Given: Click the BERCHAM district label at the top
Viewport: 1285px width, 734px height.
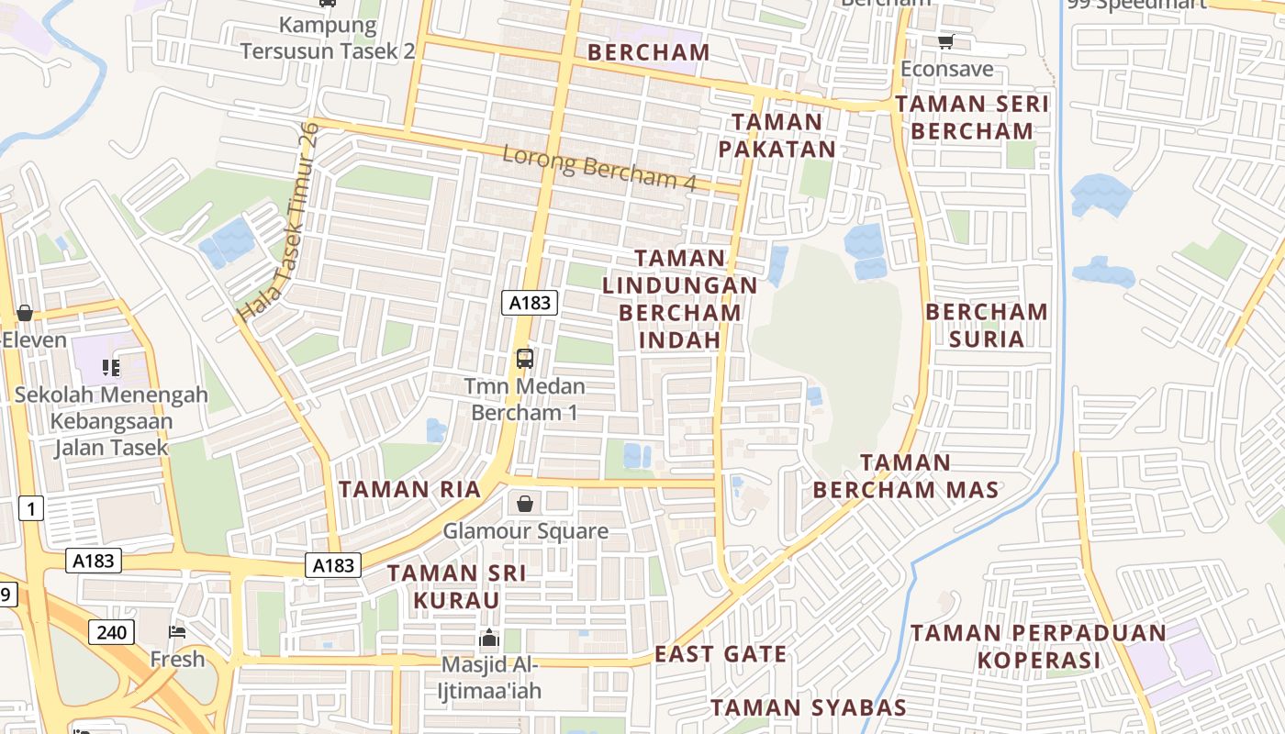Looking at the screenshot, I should point(649,52).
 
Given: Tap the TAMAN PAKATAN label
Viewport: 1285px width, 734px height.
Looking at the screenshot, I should point(777,135).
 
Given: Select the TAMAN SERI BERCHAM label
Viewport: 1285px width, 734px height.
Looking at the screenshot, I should point(973,117).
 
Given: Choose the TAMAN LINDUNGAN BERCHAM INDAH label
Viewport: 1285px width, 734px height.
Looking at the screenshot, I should point(680,299).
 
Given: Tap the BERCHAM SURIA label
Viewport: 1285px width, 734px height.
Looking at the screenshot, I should point(987,325).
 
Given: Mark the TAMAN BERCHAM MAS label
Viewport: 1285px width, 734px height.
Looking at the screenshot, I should point(906,475).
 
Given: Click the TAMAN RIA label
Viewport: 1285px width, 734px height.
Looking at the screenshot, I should point(409,489).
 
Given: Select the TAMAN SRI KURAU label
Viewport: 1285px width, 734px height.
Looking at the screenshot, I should point(456,586).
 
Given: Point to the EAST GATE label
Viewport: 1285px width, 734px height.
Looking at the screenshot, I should point(721,654).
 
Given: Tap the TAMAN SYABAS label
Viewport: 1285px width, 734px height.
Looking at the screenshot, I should point(809,707).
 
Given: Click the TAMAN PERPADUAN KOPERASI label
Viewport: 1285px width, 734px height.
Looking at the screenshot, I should point(1038,646).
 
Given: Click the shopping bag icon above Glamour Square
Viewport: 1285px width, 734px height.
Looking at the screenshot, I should point(525,504).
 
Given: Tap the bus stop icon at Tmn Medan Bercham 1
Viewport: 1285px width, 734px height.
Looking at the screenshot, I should point(525,359).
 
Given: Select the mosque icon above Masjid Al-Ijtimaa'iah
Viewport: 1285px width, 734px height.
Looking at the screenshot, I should point(490,638).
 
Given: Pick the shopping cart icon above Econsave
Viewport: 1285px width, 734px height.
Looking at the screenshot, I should point(945,41).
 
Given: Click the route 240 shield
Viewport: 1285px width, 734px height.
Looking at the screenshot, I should point(112,631).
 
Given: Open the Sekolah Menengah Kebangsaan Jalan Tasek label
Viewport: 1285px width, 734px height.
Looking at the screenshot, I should point(111,421).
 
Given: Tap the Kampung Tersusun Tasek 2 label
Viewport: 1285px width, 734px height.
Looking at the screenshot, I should point(328,38).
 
